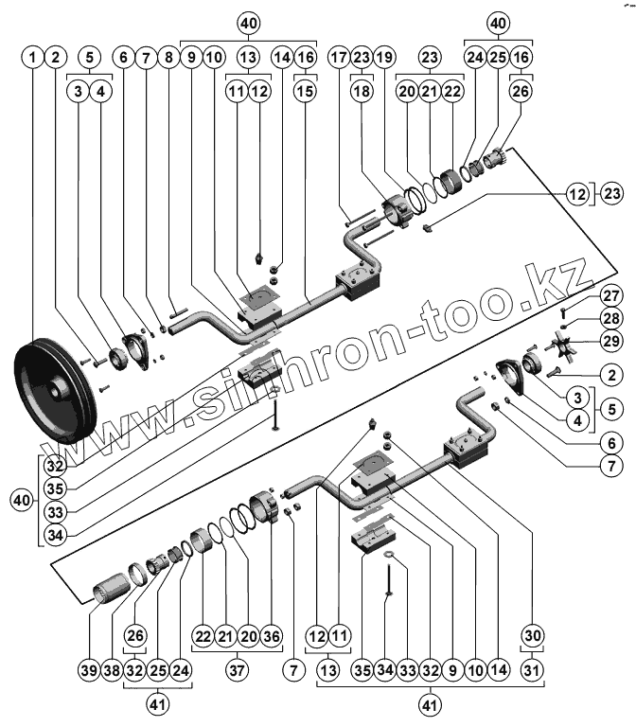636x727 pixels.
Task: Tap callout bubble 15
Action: tap(305, 93)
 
